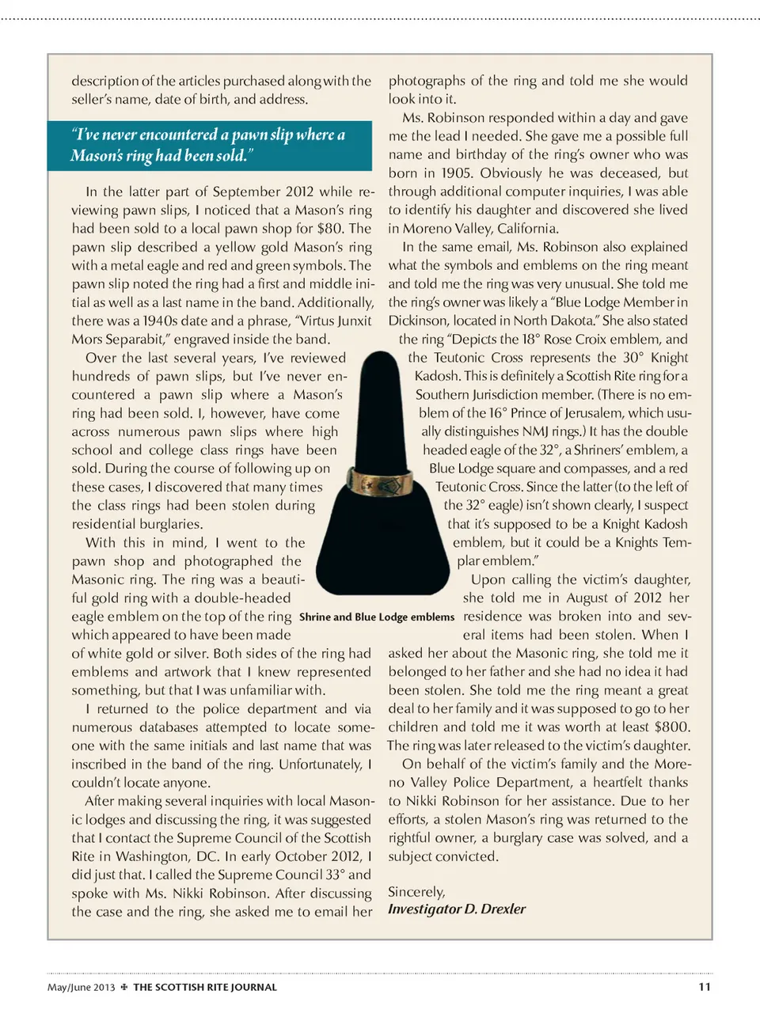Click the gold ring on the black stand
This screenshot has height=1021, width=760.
click(x=379, y=480)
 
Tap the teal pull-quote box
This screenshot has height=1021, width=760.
click(x=209, y=145)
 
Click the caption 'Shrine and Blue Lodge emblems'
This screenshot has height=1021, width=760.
click(x=377, y=617)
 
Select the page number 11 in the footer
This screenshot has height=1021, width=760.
click(x=705, y=986)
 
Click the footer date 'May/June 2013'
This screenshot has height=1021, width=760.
click(x=81, y=987)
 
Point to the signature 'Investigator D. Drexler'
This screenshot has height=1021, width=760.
click(x=457, y=909)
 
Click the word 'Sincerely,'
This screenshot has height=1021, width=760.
click(x=416, y=892)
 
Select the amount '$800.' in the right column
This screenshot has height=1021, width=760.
click(x=672, y=727)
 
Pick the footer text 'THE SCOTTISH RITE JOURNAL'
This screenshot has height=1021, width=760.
click(x=205, y=987)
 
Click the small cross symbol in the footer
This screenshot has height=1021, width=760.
click(x=123, y=987)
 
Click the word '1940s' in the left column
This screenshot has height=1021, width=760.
click(x=164, y=321)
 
